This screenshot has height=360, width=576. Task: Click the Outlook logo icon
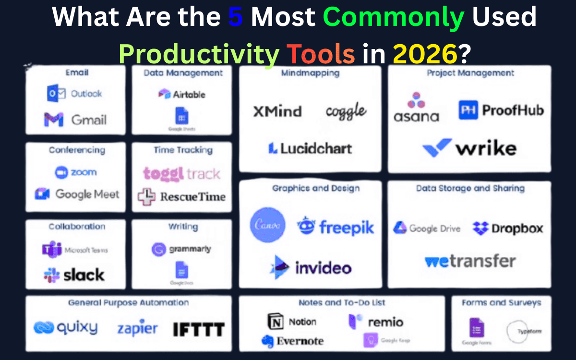[56, 94]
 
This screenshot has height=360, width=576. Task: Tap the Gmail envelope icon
[53, 120]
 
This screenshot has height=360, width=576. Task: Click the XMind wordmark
[277, 111]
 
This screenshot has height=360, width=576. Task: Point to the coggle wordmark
[346, 111]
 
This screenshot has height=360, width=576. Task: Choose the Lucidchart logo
[310, 148]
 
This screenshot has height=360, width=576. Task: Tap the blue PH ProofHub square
[467, 110]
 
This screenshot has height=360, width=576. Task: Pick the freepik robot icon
[306, 226]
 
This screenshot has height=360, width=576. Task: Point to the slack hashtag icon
[52, 275]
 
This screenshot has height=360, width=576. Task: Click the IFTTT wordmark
[198, 329]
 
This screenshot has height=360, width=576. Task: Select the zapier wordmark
[137, 329]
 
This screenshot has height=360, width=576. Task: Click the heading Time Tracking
[182, 150]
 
